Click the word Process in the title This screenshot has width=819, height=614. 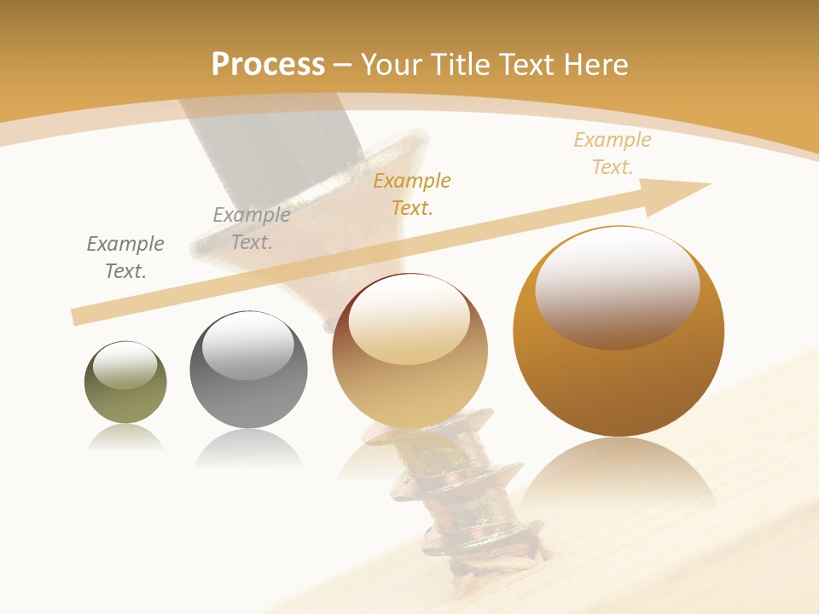[x=268, y=65]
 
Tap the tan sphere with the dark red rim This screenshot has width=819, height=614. [x=410, y=375]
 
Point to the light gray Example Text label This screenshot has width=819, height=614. [x=251, y=229]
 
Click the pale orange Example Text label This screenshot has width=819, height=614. [x=613, y=153]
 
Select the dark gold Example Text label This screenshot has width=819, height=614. [x=412, y=194]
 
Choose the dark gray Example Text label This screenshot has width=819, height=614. [x=125, y=258]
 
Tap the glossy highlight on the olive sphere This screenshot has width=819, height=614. [x=125, y=365]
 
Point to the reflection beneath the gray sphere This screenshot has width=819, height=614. [x=248, y=448]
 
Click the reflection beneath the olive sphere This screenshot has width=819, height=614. [x=125, y=437]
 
